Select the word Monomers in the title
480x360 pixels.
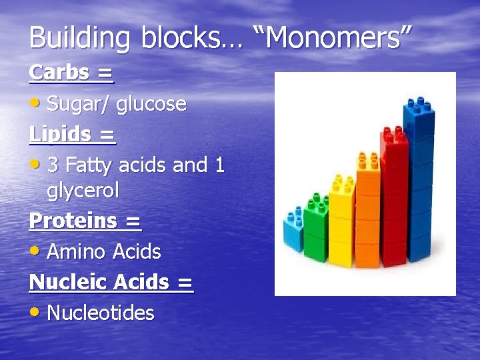333,38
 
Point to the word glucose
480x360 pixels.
151,104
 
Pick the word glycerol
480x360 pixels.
83,191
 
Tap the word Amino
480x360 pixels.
76,252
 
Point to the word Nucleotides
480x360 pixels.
101,313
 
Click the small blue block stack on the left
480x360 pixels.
293,230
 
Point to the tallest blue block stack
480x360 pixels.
421,180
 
